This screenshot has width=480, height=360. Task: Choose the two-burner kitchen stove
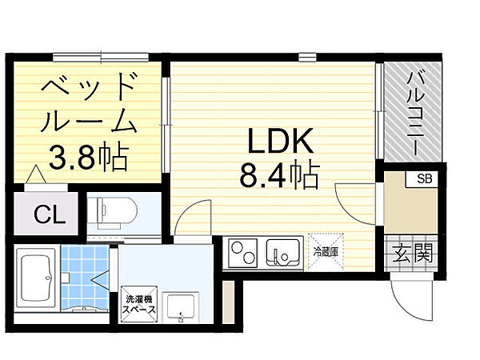point(241,254)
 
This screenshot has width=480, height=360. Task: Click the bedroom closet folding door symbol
point(35,175)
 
